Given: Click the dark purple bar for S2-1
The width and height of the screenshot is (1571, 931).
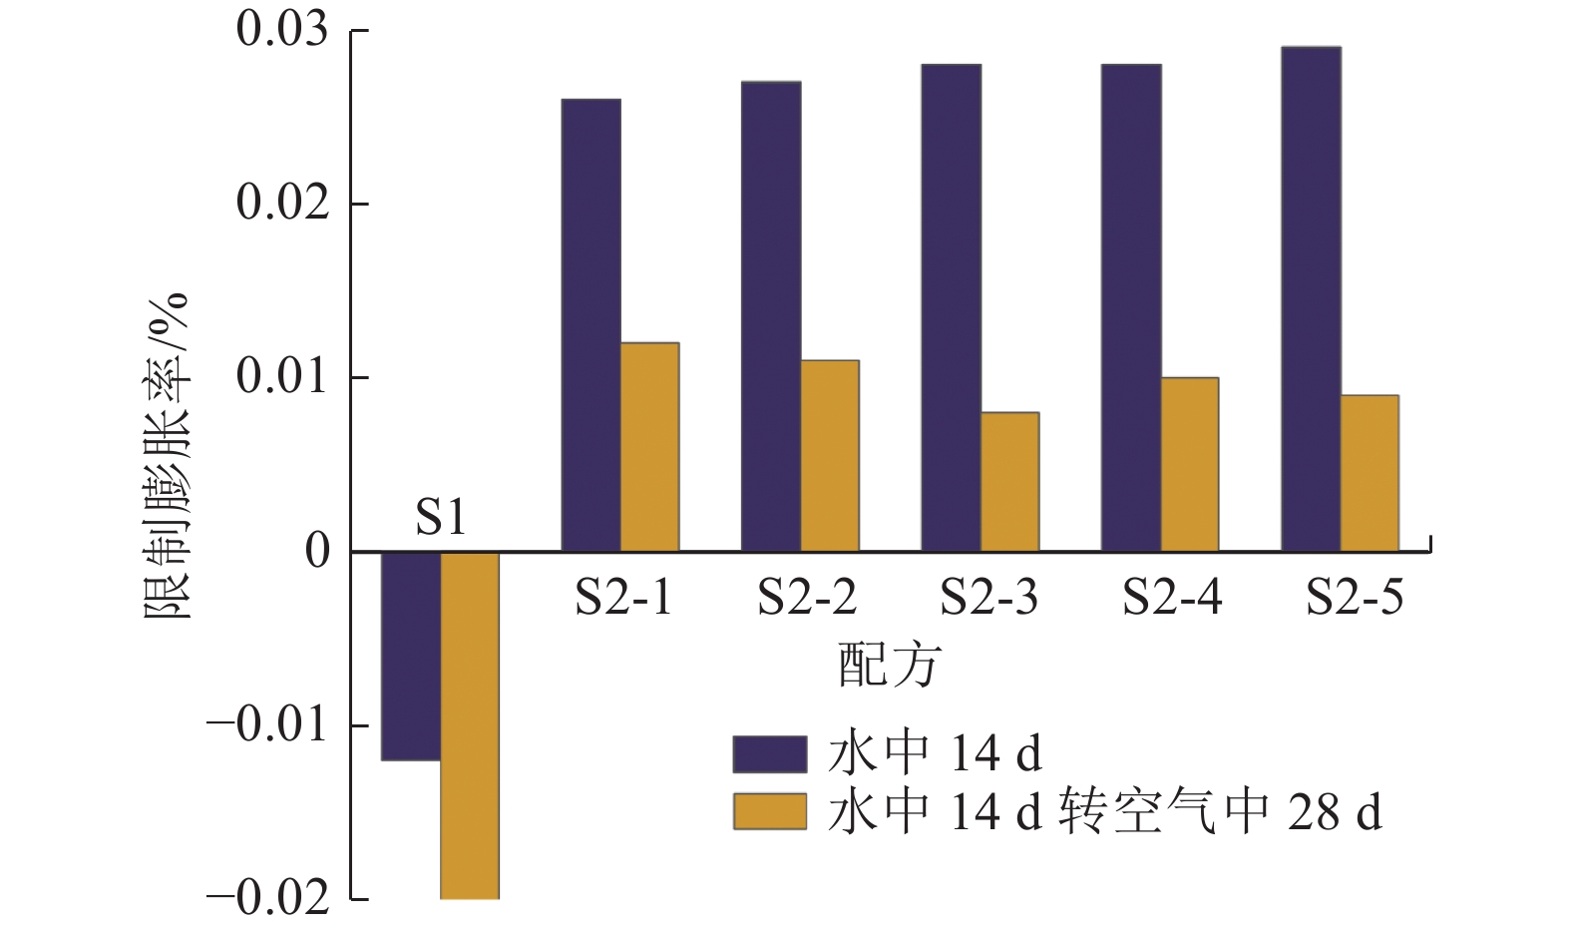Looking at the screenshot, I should coord(590,325).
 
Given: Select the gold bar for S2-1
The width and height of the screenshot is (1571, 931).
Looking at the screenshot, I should coord(649,447).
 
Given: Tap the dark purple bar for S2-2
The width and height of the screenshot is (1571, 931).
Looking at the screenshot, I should coord(770,316).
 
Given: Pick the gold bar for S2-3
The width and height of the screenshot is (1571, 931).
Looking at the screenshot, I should coord(1009,482).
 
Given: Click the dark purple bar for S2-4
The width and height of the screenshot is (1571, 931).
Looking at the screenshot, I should coord(1131,308).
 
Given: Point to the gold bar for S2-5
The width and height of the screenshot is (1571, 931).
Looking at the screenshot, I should coord(1370,474).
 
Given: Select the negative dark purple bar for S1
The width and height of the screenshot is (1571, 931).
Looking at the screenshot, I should coord(411,656).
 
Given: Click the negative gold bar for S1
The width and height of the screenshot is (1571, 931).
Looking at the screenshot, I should coord(470,725).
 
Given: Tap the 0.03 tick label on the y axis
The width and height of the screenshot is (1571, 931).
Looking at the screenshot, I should coord(282,30).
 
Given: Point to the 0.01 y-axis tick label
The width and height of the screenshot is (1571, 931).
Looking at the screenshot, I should coord(282,377).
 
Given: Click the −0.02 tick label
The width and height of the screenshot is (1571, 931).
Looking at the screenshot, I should coord(267,899).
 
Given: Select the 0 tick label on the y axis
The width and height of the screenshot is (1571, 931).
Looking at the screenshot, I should coord(318,551).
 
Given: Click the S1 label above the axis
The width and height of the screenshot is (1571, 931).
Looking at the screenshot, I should coord(440,518).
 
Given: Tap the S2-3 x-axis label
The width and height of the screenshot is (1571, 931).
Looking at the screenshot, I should coord(988,598).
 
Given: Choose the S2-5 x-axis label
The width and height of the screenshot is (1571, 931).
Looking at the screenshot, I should coord(1355,598).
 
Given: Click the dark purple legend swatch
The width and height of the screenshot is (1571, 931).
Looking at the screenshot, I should coord(769,754).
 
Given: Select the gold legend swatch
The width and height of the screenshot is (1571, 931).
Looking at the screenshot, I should coord(769,812).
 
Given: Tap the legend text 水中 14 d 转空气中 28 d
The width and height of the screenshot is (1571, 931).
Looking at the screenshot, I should coord(1104,812).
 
